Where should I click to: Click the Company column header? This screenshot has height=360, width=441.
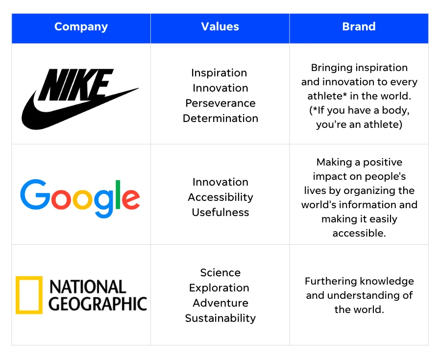(x=81, y=26)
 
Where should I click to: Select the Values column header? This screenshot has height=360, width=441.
(x=220, y=26)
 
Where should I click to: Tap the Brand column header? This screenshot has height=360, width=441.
(x=359, y=26)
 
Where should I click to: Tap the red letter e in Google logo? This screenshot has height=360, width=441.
(x=130, y=198)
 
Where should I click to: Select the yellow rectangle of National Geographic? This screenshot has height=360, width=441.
(x=29, y=295)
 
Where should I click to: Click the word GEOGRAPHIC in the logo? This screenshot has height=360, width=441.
(x=98, y=303)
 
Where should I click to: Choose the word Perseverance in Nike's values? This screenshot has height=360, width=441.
(x=220, y=103)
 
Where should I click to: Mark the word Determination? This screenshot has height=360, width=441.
(x=220, y=118)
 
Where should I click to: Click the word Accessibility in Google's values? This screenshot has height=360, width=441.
(x=220, y=197)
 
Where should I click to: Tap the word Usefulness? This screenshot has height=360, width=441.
(x=220, y=212)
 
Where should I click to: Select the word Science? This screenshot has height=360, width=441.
(x=220, y=272)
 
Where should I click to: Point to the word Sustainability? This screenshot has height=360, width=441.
(x=220, y=318)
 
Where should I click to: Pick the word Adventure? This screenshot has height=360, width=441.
(x=220, y=303)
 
